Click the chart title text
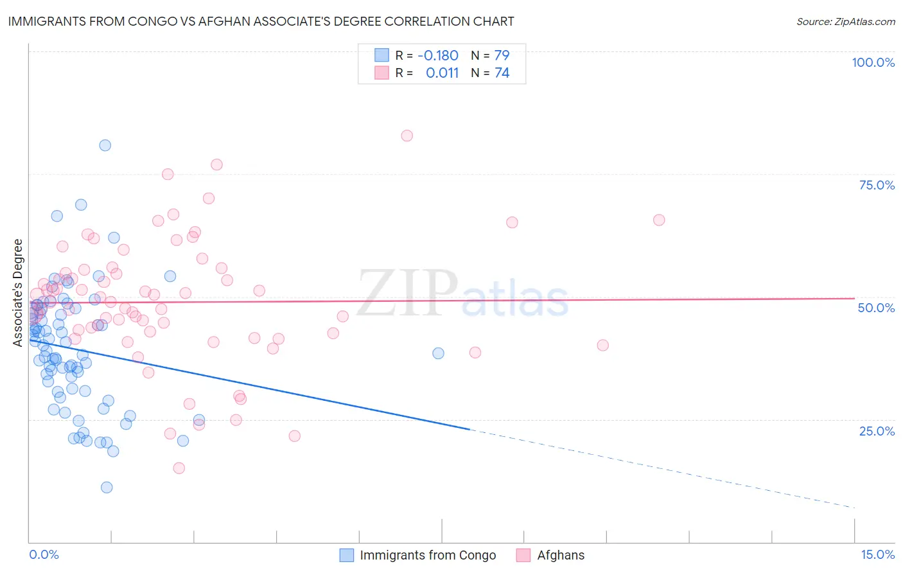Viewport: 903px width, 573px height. [x=260, y=21]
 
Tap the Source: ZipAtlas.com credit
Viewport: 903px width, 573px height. [x=845, y=22]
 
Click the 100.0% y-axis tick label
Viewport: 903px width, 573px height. [x=873, y=62]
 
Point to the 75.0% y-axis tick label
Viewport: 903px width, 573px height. [x=877, y=185]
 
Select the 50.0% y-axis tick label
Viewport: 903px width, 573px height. [x=876, y=308]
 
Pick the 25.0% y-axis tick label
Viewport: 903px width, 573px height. [x=877, y=431]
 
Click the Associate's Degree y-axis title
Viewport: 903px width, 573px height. [x=18, y=293]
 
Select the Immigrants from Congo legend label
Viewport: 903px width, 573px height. [x=428, y=556]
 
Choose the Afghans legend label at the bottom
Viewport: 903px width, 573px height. [x=561, y=556]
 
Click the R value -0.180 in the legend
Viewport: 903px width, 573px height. [x=438, y=55]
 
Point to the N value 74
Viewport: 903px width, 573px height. [x=502, y=73]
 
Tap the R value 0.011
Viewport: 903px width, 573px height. [x=442, y=73]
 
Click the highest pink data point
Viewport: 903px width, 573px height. [x=407, y=136]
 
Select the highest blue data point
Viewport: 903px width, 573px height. [x=105, y=145]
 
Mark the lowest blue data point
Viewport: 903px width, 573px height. [x=107, y=488]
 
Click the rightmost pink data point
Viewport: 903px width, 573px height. [x=659, y=220]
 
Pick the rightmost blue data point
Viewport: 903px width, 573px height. [x=438, y=353]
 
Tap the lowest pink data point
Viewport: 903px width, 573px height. [x=179, y=468]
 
